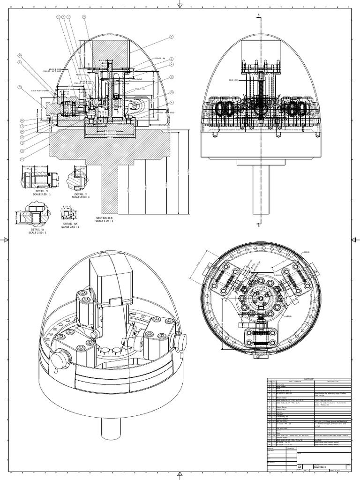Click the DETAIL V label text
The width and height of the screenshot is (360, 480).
tap(41, 192)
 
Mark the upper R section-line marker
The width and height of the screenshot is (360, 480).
tap(258, 15)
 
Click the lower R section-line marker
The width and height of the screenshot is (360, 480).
tap(258, 225)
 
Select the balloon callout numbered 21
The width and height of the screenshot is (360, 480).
tap(172, 37)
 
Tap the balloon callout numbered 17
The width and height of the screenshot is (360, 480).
tap(84, 16)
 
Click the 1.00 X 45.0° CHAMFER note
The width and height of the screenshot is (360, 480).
tap(40, 91)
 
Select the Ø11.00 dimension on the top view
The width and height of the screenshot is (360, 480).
tap(307, 252)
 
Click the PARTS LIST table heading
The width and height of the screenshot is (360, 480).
tap(308, 380)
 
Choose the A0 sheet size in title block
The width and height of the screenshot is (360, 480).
tap(300, 467)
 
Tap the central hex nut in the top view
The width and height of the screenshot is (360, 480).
tap(260, 297)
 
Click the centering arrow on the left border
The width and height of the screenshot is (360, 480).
tap(6, 240)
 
